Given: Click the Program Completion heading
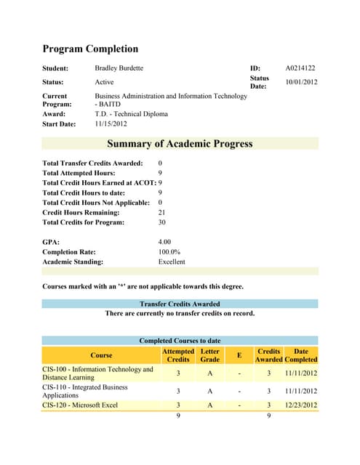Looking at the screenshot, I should click(x=90, y=49).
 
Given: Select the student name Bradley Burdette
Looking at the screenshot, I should click(x=119, y=68).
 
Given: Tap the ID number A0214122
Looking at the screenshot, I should click(x=300, y=68).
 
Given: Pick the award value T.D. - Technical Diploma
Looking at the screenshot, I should click(x=132, y=114).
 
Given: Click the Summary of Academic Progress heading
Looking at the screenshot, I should click(x=180, y=144).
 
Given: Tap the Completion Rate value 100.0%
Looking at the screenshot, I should click(x=169, y=251).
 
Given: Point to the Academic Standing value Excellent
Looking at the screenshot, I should click(x=172, y=262).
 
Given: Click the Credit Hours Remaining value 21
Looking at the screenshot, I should click(x=161, y=212).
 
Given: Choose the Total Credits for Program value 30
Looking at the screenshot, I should click(x=162, y=222).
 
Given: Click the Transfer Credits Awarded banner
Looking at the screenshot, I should click(x=180, y=304).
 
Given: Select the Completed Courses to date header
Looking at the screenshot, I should click(x=180, y=340).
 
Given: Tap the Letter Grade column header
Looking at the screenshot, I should click(x=209, y=355).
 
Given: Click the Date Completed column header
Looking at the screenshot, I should click(x=301, y=355).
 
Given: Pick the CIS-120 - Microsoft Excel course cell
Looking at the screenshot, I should click(x=80, y=405).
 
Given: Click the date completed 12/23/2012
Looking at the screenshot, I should click(x=301, y=405).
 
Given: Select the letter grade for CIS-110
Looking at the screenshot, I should click(x=209, y=391).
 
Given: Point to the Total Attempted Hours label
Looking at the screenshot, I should click(x=79, y=174).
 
